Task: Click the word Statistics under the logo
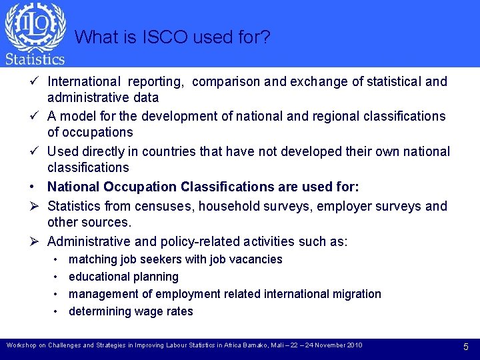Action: point(35,59)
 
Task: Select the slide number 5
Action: point(466,346)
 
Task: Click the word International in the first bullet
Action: point(84,81)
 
